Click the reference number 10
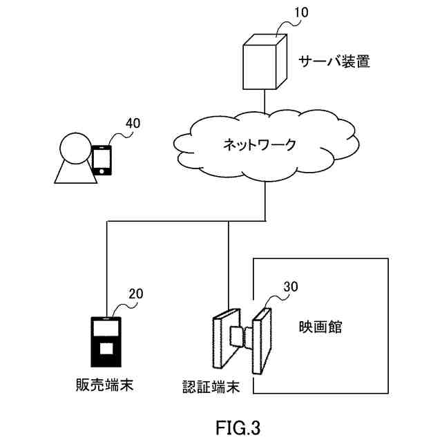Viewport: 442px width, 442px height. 301,12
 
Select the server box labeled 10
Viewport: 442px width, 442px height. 265,61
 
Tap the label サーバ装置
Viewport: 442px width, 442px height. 334,61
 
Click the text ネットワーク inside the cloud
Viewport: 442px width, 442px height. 260,144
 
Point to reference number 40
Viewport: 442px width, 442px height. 133,123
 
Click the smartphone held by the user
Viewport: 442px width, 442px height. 102,160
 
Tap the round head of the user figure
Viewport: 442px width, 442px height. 75,148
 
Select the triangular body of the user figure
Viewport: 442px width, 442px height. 75,173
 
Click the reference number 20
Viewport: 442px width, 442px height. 136,294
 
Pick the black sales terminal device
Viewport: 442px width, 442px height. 106,342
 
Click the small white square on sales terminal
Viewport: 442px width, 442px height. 106,348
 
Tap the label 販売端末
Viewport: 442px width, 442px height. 104,385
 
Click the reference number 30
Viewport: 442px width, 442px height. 291,287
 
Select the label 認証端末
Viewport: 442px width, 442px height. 211,387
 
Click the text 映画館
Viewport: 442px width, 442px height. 320,327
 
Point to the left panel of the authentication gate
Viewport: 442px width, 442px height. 227,338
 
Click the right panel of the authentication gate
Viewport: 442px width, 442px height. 262,341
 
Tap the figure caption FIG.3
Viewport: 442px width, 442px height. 238,427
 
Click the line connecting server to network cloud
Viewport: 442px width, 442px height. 265,101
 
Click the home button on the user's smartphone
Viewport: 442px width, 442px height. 102,171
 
